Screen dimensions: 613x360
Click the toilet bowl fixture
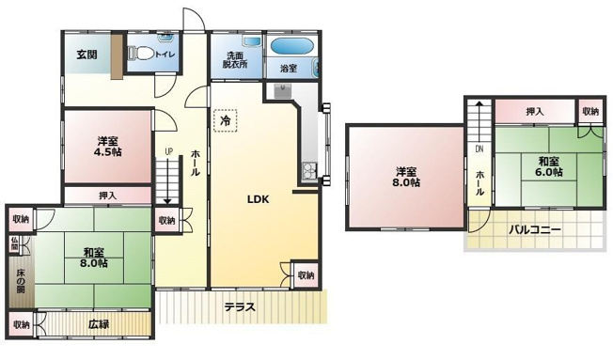pos(140,54)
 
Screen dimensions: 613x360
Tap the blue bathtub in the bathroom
pos(291,46)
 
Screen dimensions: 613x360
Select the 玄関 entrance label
pos(86,55)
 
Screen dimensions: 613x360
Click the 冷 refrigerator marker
pos(226,120)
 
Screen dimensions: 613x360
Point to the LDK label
pos(258,199)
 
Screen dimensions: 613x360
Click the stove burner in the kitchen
pos(309,170)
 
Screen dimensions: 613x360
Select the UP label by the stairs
pos(168,151)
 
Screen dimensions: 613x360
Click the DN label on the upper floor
pos(479,149)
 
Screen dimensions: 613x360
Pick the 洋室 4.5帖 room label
pos(107,147)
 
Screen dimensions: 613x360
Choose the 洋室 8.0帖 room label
pos(406,177)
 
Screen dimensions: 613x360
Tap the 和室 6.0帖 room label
pos(549,166)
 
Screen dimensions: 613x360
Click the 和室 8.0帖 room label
pos(94,258)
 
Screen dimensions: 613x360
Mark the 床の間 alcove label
pos(21,281)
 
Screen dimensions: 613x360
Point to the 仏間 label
pos(14,243)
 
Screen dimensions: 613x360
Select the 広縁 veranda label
pos(99,324)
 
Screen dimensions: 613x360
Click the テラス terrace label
pos(240,307)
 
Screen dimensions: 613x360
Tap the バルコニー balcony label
pos(535,229)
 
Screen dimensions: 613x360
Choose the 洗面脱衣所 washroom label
pos(235,60)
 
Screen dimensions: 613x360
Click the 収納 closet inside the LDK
pos(306,274)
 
